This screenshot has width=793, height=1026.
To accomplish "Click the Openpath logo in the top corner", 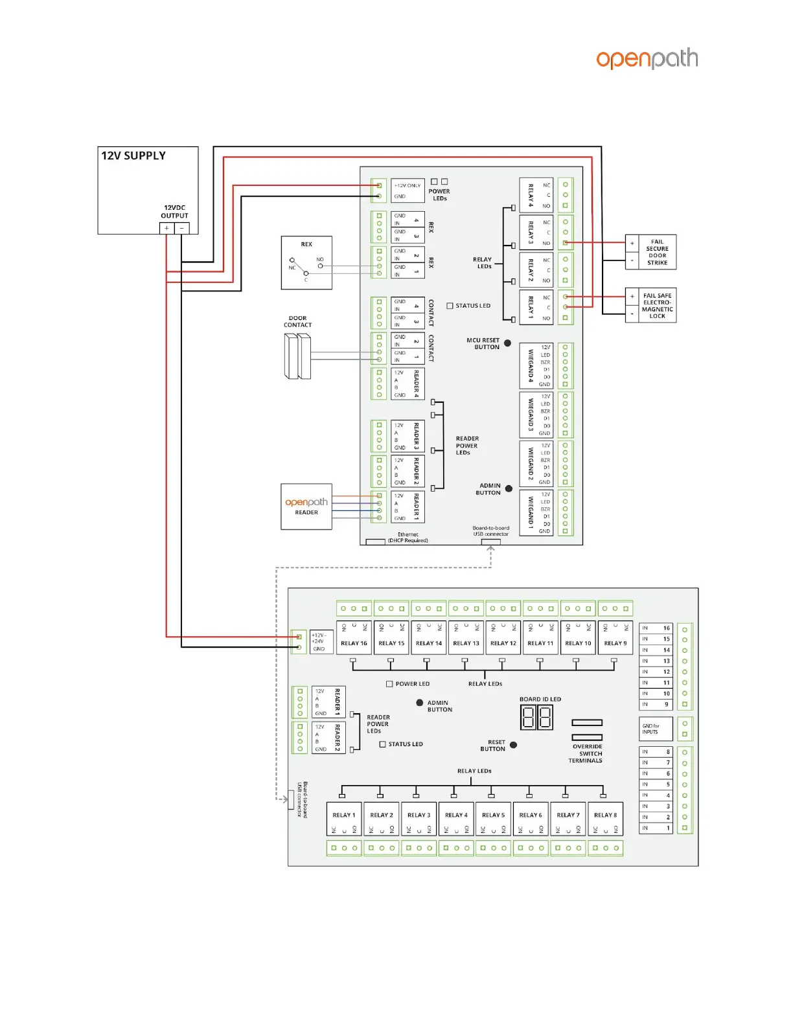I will [x=647, y=58].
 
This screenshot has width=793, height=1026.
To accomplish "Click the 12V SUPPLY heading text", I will [x=133, y=155].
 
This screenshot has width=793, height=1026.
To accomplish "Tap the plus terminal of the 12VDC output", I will [x=167, y=228].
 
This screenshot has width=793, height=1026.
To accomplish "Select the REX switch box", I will [x=306, y=262].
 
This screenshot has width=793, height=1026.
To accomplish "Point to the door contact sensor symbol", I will [x=297, y=356].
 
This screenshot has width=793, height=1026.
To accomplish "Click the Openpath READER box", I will [x=306, y=507].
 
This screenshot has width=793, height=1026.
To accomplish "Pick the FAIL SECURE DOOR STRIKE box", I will [x=650, y=252].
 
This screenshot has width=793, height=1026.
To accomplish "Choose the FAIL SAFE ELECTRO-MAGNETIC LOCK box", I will [x=650, y=306].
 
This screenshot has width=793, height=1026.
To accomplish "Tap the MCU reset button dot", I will [x=507, y=343].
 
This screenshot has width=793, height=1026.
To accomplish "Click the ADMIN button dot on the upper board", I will [x=509, y=489].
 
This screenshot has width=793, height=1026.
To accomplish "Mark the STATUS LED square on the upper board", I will [x=450, y=306].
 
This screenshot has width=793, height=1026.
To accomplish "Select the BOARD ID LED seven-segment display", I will [x=536, y=718].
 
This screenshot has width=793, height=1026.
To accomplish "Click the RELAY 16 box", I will [x=354, y=638].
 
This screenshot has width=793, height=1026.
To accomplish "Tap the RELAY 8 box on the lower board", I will [x=605, y=819].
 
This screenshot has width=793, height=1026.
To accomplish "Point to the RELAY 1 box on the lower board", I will [x=344, y=819].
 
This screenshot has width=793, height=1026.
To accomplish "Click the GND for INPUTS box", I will [x=656, y=729].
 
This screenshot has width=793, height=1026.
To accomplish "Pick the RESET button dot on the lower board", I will [x=513, y=745].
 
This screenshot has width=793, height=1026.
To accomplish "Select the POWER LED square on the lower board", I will [x=389, y=684].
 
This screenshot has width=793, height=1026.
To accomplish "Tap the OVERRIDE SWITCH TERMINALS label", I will [x=586, y=753].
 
